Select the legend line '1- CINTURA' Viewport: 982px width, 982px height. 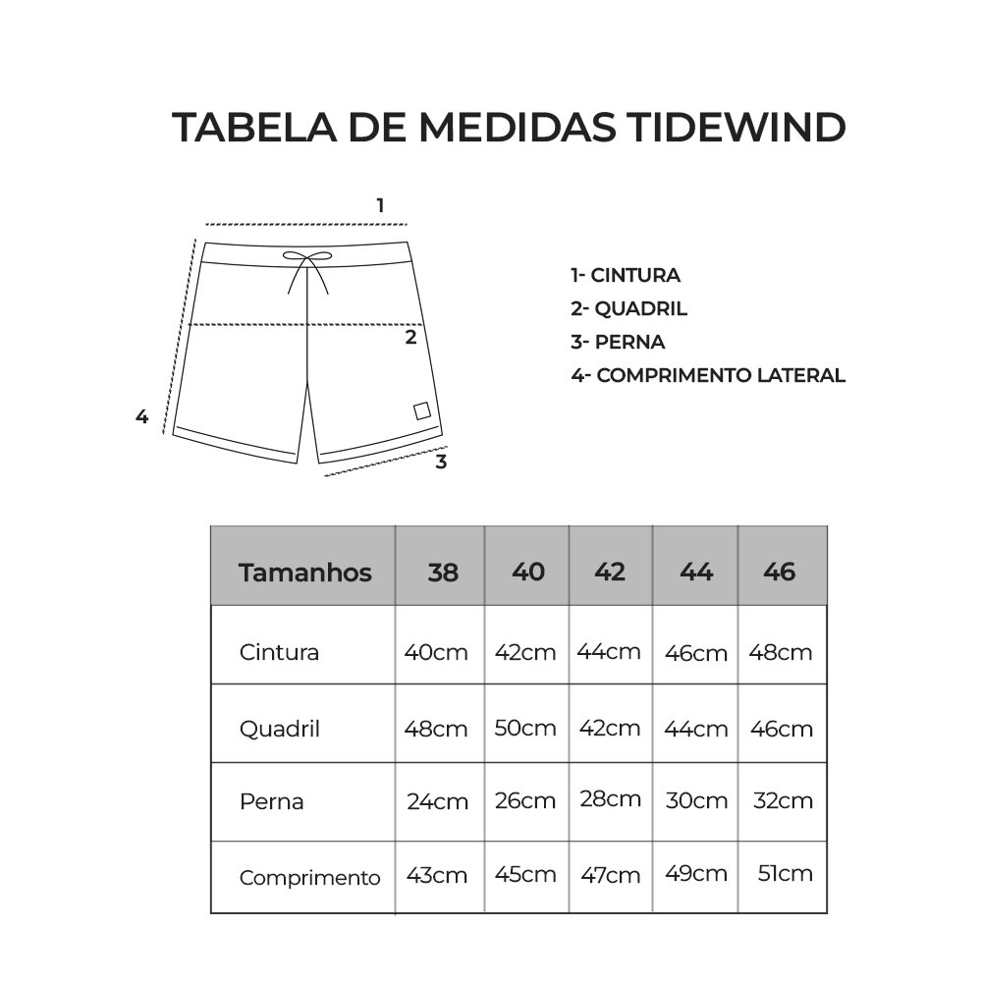pyautogui.click(x=626, y=276)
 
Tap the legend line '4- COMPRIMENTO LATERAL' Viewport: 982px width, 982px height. pyautogui.click(x=707, y=375)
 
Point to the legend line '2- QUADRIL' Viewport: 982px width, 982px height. pyautogui.click(x=628, y=309)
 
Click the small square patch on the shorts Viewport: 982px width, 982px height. pyautogui.click(x=421, y=410)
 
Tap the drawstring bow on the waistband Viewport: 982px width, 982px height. pyautogui.click(x=307, y=257)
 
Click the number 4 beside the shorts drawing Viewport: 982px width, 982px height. pyautogui.click(x=141, y=416)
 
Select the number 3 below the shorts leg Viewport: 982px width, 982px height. pyautogui.click(x=441, y=462)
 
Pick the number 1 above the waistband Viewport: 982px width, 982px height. pyautogui.click(x=380, y=205)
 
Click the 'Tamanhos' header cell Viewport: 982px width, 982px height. pyautogui.click(x=304, y=573)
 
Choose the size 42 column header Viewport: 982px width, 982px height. pyautogui.click(x=610, y=572)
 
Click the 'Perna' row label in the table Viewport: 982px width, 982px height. pyautogui.click(x=272, y=801)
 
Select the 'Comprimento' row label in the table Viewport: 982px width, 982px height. pyautogui.click(x=309, y=878)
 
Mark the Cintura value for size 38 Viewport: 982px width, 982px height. pyautogui.click(x=436, y=652)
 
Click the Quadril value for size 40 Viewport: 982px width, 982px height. pyautogui.click(x=525, y=729)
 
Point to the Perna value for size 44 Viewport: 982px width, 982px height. pyautogui.click(x=695, y=801)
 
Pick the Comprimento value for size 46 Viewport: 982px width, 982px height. pyautogui.click(x=785, y=873)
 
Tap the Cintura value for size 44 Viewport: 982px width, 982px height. pyautogui.click(x=695, y=653)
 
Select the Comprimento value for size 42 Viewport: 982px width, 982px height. pyautogui.click(x=610, y=875)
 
